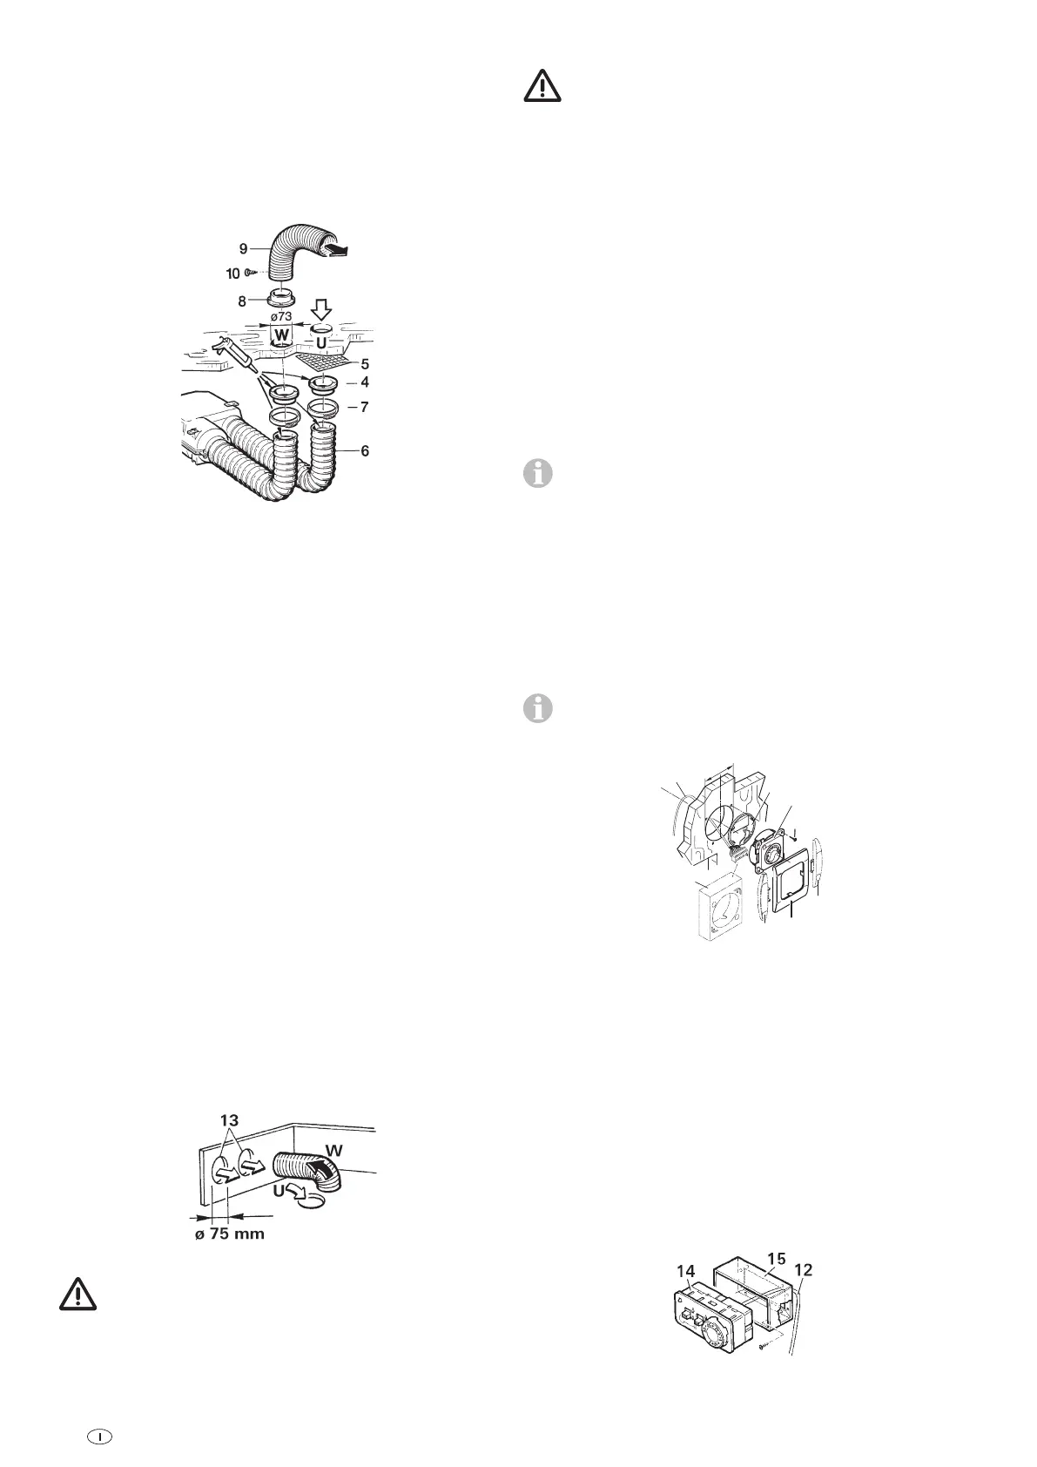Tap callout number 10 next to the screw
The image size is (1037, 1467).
tap(233, 273)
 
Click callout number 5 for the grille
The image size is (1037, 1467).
tap(366, 363)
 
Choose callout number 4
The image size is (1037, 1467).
tap(366, 382)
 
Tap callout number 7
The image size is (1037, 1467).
tap(366, 407)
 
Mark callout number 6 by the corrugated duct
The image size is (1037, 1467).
tap(366, 450)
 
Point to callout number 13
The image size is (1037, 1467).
tap(229, 1119)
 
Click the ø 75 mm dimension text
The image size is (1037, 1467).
tap(229, 1234)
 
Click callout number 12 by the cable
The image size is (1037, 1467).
tap(804, 1270)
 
